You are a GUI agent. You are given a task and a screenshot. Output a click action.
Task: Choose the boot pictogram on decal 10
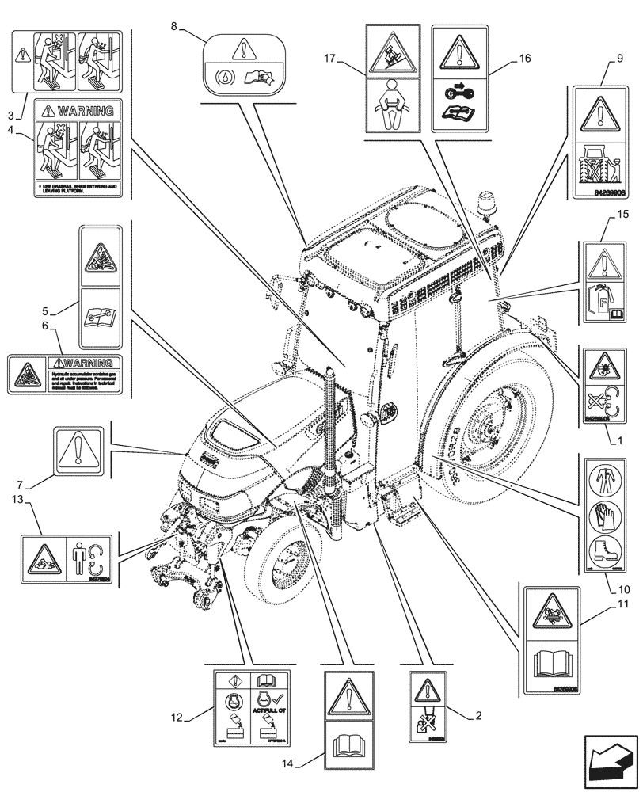click(606, 550)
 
